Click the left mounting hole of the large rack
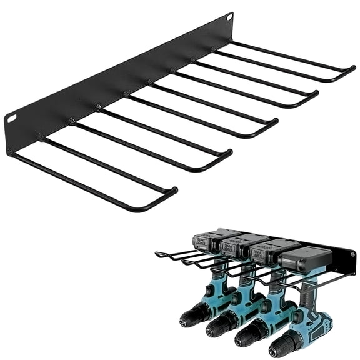pyautogui.click(x=11, y=117)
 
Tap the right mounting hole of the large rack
pyautogui.click(x=229, y=16)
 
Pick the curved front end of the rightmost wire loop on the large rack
pyautogui.click(x=350, y=71)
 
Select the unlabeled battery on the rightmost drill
pyautogui.click(x=304, y=257)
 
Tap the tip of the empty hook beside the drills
pyautogui.click(x=158, y=254)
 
